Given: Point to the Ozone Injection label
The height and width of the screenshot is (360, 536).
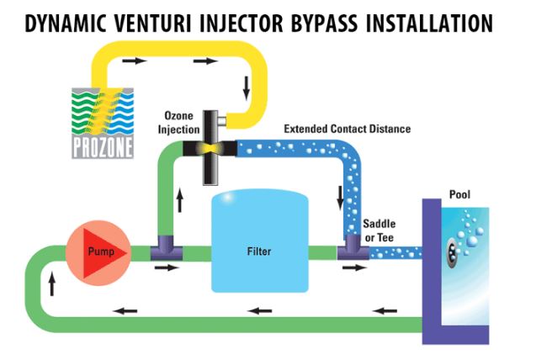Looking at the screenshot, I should tap(178, 123).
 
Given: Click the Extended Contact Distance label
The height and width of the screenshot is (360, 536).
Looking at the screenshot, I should tap(347, 129).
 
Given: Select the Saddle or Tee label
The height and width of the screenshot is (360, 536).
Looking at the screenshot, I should tap(379, 231).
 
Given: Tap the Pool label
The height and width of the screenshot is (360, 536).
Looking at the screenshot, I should tap(459, 195).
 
